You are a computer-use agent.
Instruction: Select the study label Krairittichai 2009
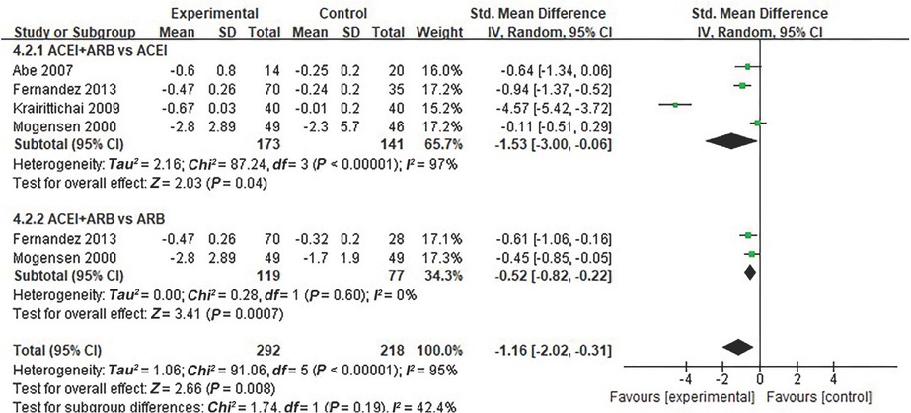pos(57,105)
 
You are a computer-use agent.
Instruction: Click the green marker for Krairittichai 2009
pos(674,104)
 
